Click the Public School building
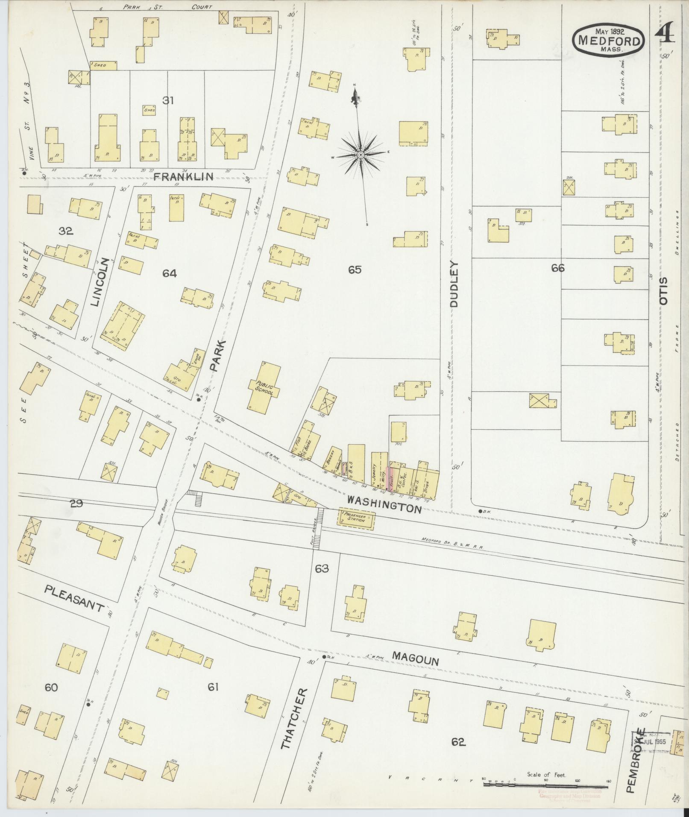point(265,387)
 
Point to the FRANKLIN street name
point(183,176)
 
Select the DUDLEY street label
point(454,284)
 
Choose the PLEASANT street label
point(75,598)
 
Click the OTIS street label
point(663,291)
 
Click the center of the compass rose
point(360,154)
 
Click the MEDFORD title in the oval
point(609,41)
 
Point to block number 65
point(355,270)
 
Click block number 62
point(458,742)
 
